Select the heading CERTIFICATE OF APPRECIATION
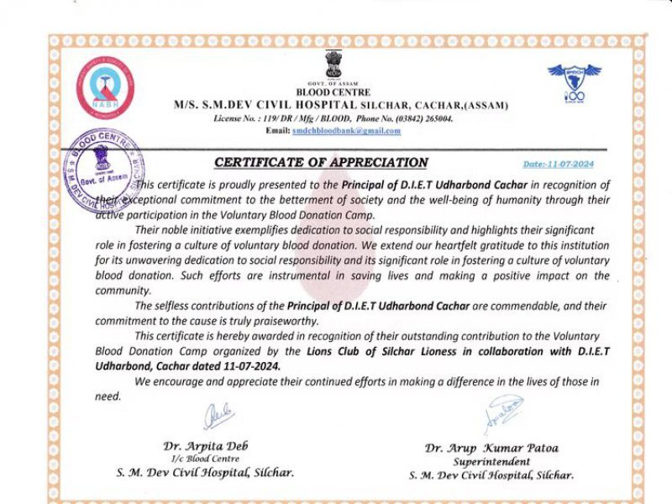(x=321, y=163)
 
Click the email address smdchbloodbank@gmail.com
(x=346, y=131)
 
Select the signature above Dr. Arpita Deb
(x=217, y=415)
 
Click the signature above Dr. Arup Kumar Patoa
(x=502, y=413)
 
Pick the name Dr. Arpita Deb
(x=205, y=445)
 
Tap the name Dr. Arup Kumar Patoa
(x=491, y=449)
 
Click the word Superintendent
(x=491, y=462)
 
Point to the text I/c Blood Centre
(x=205, y=458)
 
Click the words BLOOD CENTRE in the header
(x=333, y=92)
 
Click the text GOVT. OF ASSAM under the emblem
(x=333, y=84)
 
